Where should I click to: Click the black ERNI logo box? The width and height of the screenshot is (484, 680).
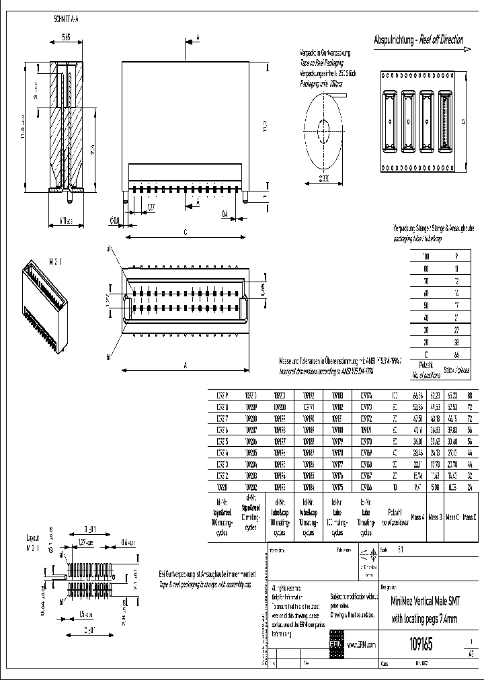335,644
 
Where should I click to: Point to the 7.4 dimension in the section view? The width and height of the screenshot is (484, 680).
95,147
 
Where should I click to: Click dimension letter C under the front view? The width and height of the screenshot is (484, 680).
184,232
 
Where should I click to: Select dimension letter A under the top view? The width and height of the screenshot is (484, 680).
184,366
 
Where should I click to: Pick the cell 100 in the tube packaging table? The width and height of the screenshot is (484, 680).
425,257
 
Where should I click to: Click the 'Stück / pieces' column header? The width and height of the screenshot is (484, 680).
457,370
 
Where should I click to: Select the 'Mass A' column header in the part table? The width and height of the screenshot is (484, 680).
417,517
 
